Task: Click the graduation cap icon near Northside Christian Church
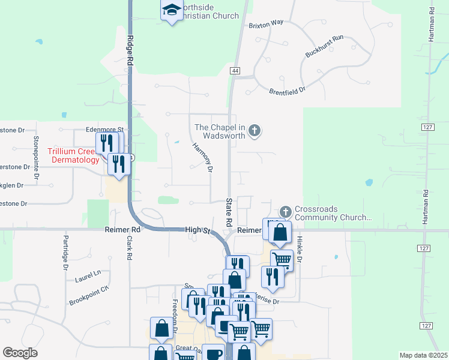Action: pyautogui.click(x=172, y=10)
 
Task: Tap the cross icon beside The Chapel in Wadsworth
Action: pyautogui.click(x=255, y=130)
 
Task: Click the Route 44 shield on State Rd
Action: pyautogui.click(x=235, y=71)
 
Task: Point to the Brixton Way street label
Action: pyautogui.click(x=266, y=23)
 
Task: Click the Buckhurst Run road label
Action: pyautogui.click(x=324, y=46)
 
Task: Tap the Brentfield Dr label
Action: pyautogui.click(x=288, y=90)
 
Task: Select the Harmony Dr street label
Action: pyautogui.click(x=202, y=157)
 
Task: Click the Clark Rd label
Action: pyautogui.click(x=129, y=247)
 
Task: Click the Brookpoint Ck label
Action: pyautogui.click(x=89, y=293)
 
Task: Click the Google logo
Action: pyautogui.click(x=20, y=353)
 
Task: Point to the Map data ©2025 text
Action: pyautogui.click(x=423, y=355)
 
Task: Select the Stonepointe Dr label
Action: pyautogui.click(x=36, y=152)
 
